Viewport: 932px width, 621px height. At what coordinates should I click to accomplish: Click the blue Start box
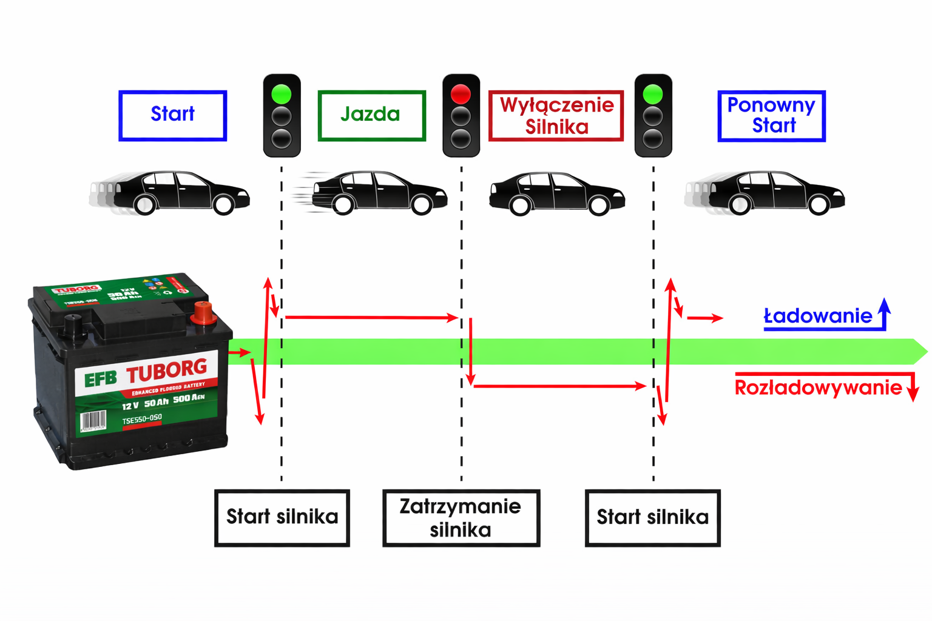tap(172, 115)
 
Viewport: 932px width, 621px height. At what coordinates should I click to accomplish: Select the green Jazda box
tap(371, 115)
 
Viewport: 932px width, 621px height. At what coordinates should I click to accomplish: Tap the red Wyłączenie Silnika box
tap(556, 115)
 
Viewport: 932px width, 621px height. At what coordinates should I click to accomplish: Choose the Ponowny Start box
tap(771, 116)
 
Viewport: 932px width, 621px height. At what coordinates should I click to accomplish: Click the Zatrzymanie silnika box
tap(461, 518)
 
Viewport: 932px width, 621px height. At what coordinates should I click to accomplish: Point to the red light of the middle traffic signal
tap(461, 94)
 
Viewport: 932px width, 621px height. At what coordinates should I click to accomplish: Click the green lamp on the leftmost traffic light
tap(282, 94)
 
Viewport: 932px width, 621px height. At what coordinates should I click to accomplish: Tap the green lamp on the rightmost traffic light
tap(653, 94)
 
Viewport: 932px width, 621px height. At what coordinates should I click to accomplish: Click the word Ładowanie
tap(817, 316)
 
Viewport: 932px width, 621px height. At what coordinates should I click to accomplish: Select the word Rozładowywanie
tap(818, 388)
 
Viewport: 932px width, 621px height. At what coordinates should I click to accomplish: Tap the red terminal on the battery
tap(203, 313)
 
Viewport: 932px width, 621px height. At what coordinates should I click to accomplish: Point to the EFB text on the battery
tap(100, 380)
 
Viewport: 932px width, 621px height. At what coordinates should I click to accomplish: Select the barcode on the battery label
tap(93, 420)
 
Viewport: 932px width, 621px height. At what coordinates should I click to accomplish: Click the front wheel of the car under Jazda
tap(421, 205)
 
